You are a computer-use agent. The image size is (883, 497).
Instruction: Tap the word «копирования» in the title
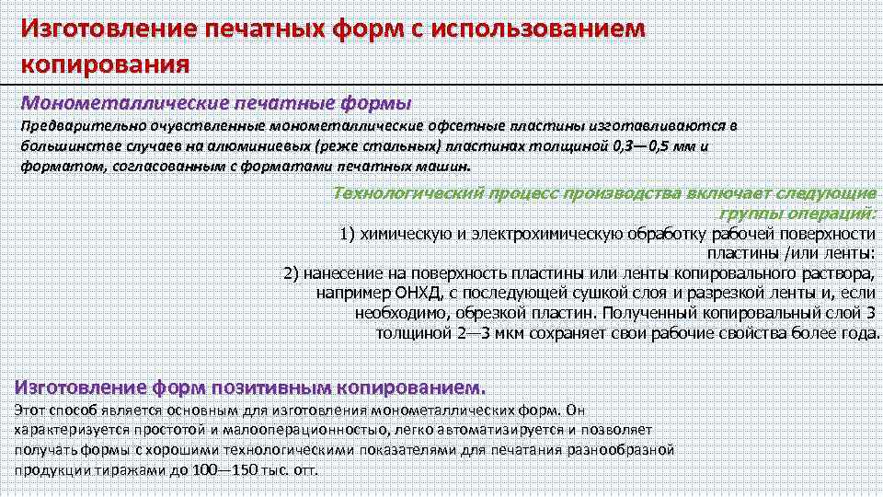pyautogui.click(x=105, y=65)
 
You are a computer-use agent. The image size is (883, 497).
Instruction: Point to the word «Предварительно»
pyautogui.click(x=69, y=126)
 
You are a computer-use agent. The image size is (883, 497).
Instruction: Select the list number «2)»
pyautogui.click(x=292, y=274)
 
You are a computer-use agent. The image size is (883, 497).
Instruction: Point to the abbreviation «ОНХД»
pyautogui.click(x=416, y=294)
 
